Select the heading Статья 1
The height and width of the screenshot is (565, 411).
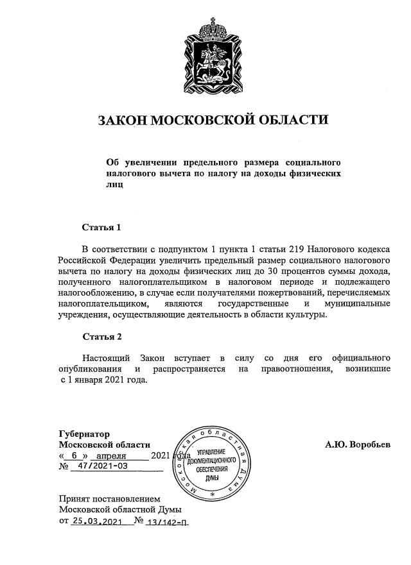[101, 228]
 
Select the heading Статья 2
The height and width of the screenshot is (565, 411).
[101, 336]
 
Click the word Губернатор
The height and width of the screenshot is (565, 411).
[84, 434]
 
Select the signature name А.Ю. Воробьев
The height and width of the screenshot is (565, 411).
[358, 444]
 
